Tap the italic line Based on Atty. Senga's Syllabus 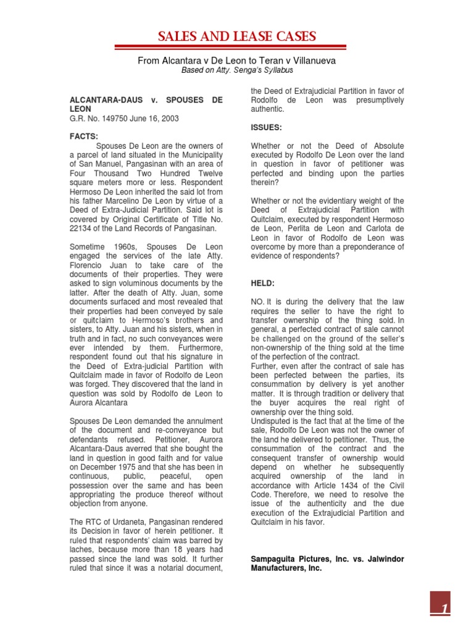pyautogui.click(x=236, y=70)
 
